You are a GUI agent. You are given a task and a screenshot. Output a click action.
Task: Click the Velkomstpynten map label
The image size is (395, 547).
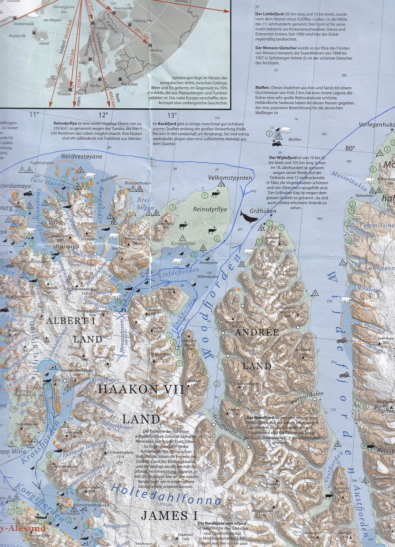pyautogui.click(x=230, y=178)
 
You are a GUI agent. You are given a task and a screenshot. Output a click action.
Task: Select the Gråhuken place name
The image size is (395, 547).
pyautogui.click(x=263, y=211)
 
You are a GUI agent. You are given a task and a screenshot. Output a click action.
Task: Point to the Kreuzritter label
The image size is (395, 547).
pyautogui.click(x=183, y=243)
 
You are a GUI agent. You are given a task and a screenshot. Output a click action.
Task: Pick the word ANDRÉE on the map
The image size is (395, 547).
pyautogui.click(x=257, y=332)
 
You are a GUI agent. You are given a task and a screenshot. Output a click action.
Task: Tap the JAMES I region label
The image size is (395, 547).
pyautogui.click(x=169, y=516)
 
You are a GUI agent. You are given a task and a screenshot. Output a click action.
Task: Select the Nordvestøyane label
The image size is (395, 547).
pyautogui.click(x=82, y=156)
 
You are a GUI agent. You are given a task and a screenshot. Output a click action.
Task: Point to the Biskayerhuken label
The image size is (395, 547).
pyautogui.click(x=138, y=183)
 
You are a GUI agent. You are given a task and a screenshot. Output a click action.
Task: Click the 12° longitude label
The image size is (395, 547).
pyautogui.click(x=103, y=115)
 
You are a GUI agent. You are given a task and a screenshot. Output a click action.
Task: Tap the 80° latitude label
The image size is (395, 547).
pyautogui.click(x=350, y=148)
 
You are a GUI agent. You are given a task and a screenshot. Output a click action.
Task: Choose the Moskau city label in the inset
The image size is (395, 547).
pyautogui.click(x=156, y=50)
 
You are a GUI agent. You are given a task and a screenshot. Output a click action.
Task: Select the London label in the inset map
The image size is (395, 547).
pyautogui.click(x=64, y=94)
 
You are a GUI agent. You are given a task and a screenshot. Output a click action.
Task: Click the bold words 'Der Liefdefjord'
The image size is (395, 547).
pyautogui.click(x=269, y=14)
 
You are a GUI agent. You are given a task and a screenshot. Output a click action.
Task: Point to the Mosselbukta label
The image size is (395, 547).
pyautogui.click(x=349, y=181)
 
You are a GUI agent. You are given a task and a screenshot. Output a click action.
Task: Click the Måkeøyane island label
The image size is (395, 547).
pyautogui.click(x=207, y=277)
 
